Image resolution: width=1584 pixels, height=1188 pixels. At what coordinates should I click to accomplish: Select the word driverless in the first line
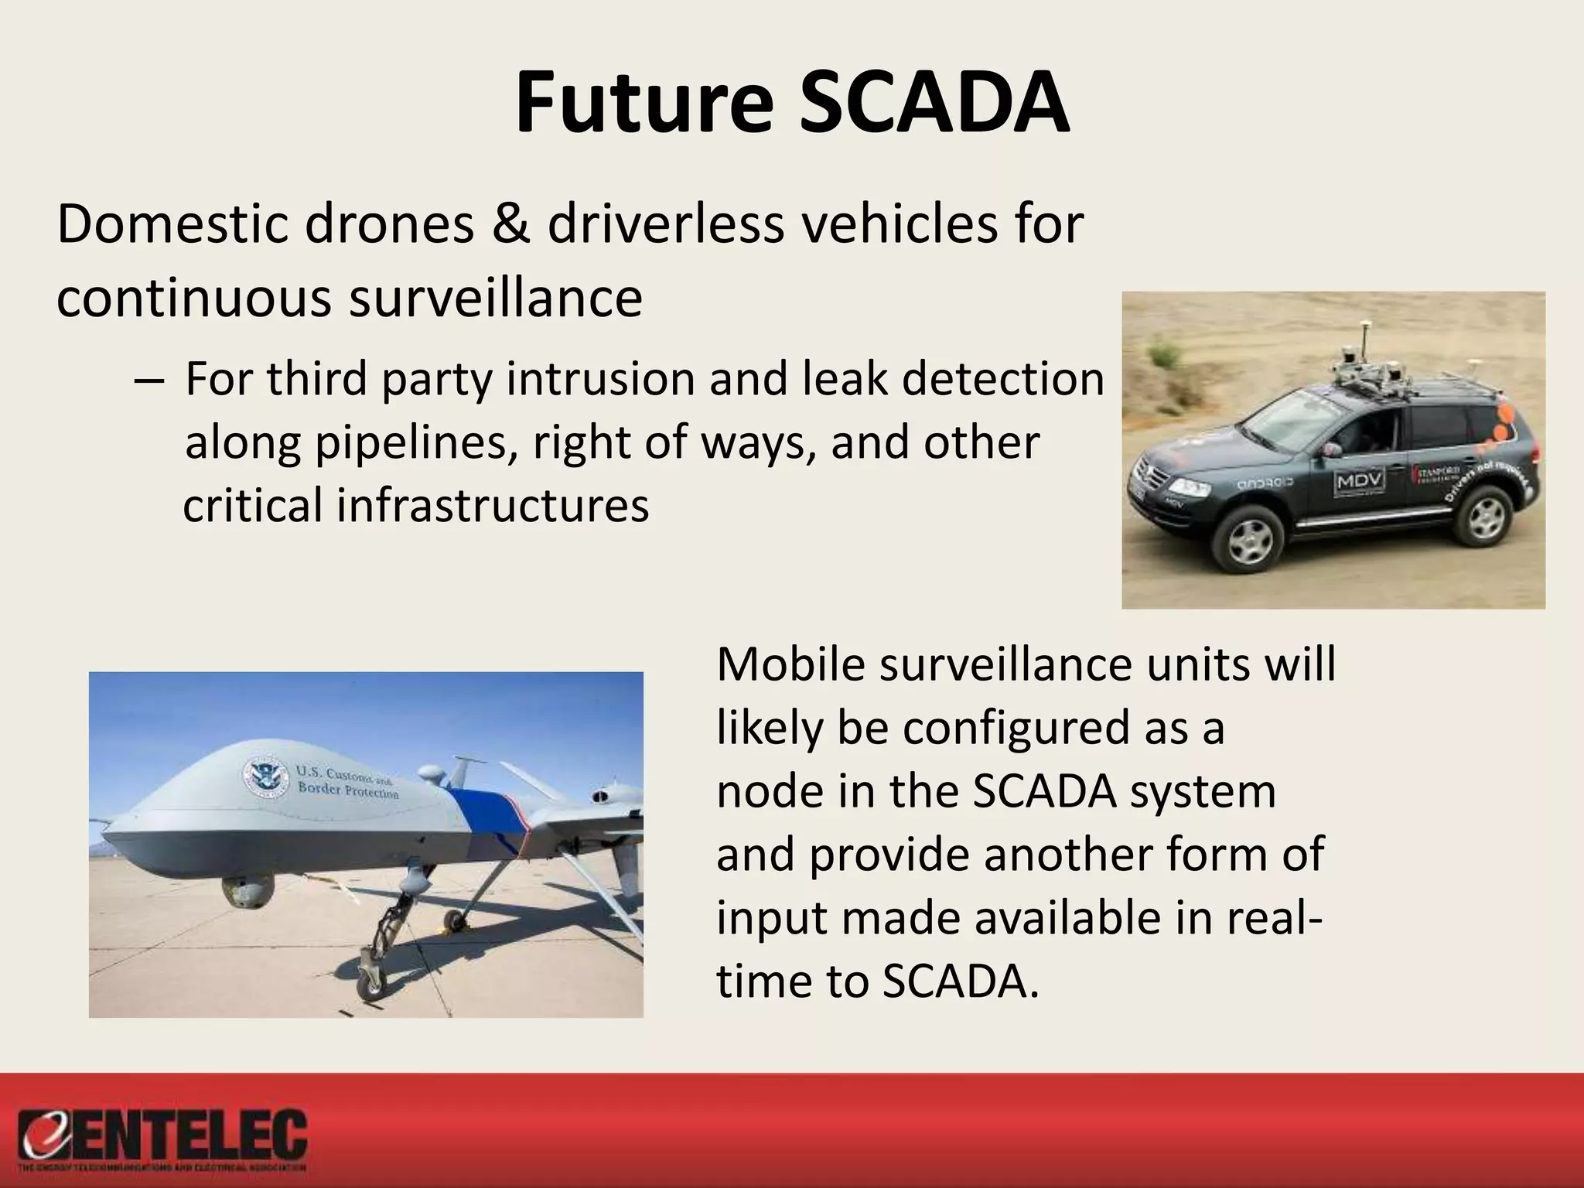click(x=664, y=224)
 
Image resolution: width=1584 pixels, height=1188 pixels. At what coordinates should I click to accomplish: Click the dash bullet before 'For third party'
click(x=147, y=381)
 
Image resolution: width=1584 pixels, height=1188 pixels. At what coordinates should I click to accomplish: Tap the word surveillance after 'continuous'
click(x=495, y=298)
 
